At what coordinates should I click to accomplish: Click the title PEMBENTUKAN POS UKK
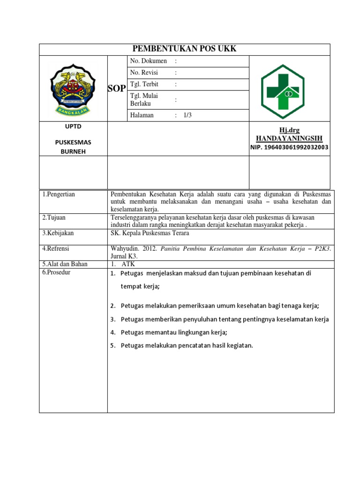pyautogui.click(x=184, y=49)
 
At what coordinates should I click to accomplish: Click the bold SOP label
pyautogui.click(x=117, y=89)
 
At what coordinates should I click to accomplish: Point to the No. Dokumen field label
pyautogui.click(x=149, y=61)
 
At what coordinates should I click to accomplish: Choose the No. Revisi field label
pyautogui.click(x=144, y=73)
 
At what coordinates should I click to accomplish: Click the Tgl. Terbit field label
pyautogui.click(x=144, y=84)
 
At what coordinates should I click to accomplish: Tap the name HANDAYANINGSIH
pyautogui.click(x=289, y=139)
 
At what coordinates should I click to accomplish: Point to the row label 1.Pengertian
pyautogui.click(x=59, y=194)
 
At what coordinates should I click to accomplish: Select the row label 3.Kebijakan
pyautogui.click(x=58, y=233)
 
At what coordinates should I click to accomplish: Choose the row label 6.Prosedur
pyautogui.click(x=57, y=272)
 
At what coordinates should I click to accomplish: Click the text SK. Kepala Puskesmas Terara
pyautogui.click(x=150, y=233)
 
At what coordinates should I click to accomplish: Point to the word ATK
pyautogui.click(x=128, y=264)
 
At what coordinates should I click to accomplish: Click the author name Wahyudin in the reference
pyautogui.click(x=123, y=249)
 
